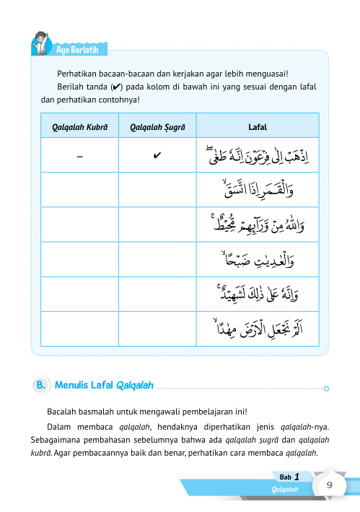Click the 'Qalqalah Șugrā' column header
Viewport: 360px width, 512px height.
click(157, 127)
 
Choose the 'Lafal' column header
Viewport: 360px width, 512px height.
click(258, 127)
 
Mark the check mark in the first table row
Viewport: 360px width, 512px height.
click(157, 155)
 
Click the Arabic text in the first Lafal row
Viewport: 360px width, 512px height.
click(258, 155)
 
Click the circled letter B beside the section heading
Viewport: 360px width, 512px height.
click(41, 386)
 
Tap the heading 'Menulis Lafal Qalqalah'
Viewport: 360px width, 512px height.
click(105, 386)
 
